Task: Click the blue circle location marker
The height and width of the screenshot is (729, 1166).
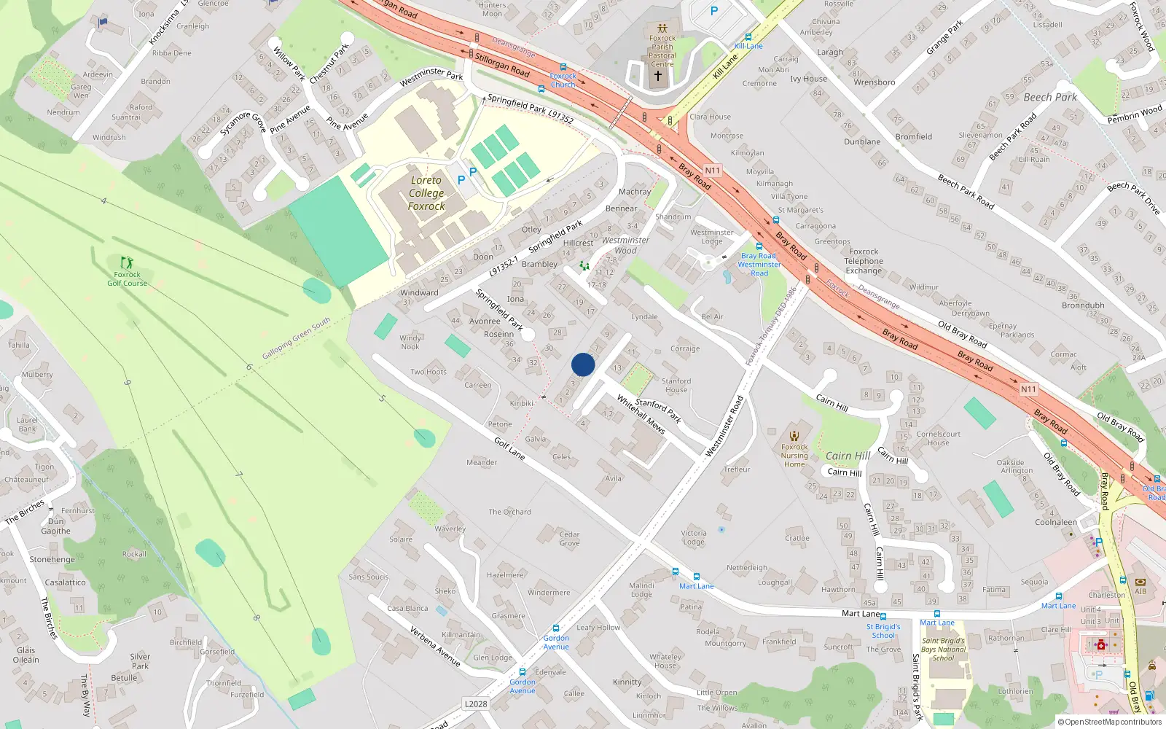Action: pyautogui.click(x=583, y=364)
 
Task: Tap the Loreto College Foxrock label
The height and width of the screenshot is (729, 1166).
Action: pyautogui.click(x=426, y=193)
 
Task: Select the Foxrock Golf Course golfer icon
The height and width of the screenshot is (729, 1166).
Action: pyautogui.click(x=127, y=262)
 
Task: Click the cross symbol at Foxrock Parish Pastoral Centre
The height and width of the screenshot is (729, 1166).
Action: pyautogui.click(x=657, y=76)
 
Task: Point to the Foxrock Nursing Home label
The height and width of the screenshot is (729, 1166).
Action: pyautogui.click(x=794, y=456)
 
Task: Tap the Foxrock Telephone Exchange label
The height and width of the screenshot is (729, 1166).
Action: pyautogui.click(x=864, y=261)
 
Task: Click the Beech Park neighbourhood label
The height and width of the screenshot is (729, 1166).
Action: pyautogui.click(x=1050, y=97)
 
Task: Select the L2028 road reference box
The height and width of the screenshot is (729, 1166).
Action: pyautogui.click(x=475, y=703)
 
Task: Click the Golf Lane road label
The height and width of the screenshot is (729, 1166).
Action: pyautogui.click(x=509, y=448)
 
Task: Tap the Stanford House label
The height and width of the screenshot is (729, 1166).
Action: pyautogui.click(x=676, y=385)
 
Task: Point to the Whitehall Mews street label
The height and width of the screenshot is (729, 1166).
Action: pyautogui.click(x=641, y=414)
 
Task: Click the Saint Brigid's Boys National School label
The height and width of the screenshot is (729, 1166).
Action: pyautogui.click(x=943, y=650)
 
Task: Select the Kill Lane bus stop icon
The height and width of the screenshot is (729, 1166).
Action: pyautogui.click(x=748, y=36)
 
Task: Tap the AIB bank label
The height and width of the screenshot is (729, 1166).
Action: pyautogui.click(x=1140, y=591)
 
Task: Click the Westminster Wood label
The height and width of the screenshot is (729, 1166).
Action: pyautogui.click(x=625, y=245)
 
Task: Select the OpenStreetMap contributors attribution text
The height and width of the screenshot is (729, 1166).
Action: pyautogui.click(x=1110, y=722)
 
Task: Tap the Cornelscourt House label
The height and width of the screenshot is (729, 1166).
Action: pyautogui.click(x=939, y=438)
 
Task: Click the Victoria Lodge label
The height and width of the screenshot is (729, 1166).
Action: pyautogui.click(x=694, y=537)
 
